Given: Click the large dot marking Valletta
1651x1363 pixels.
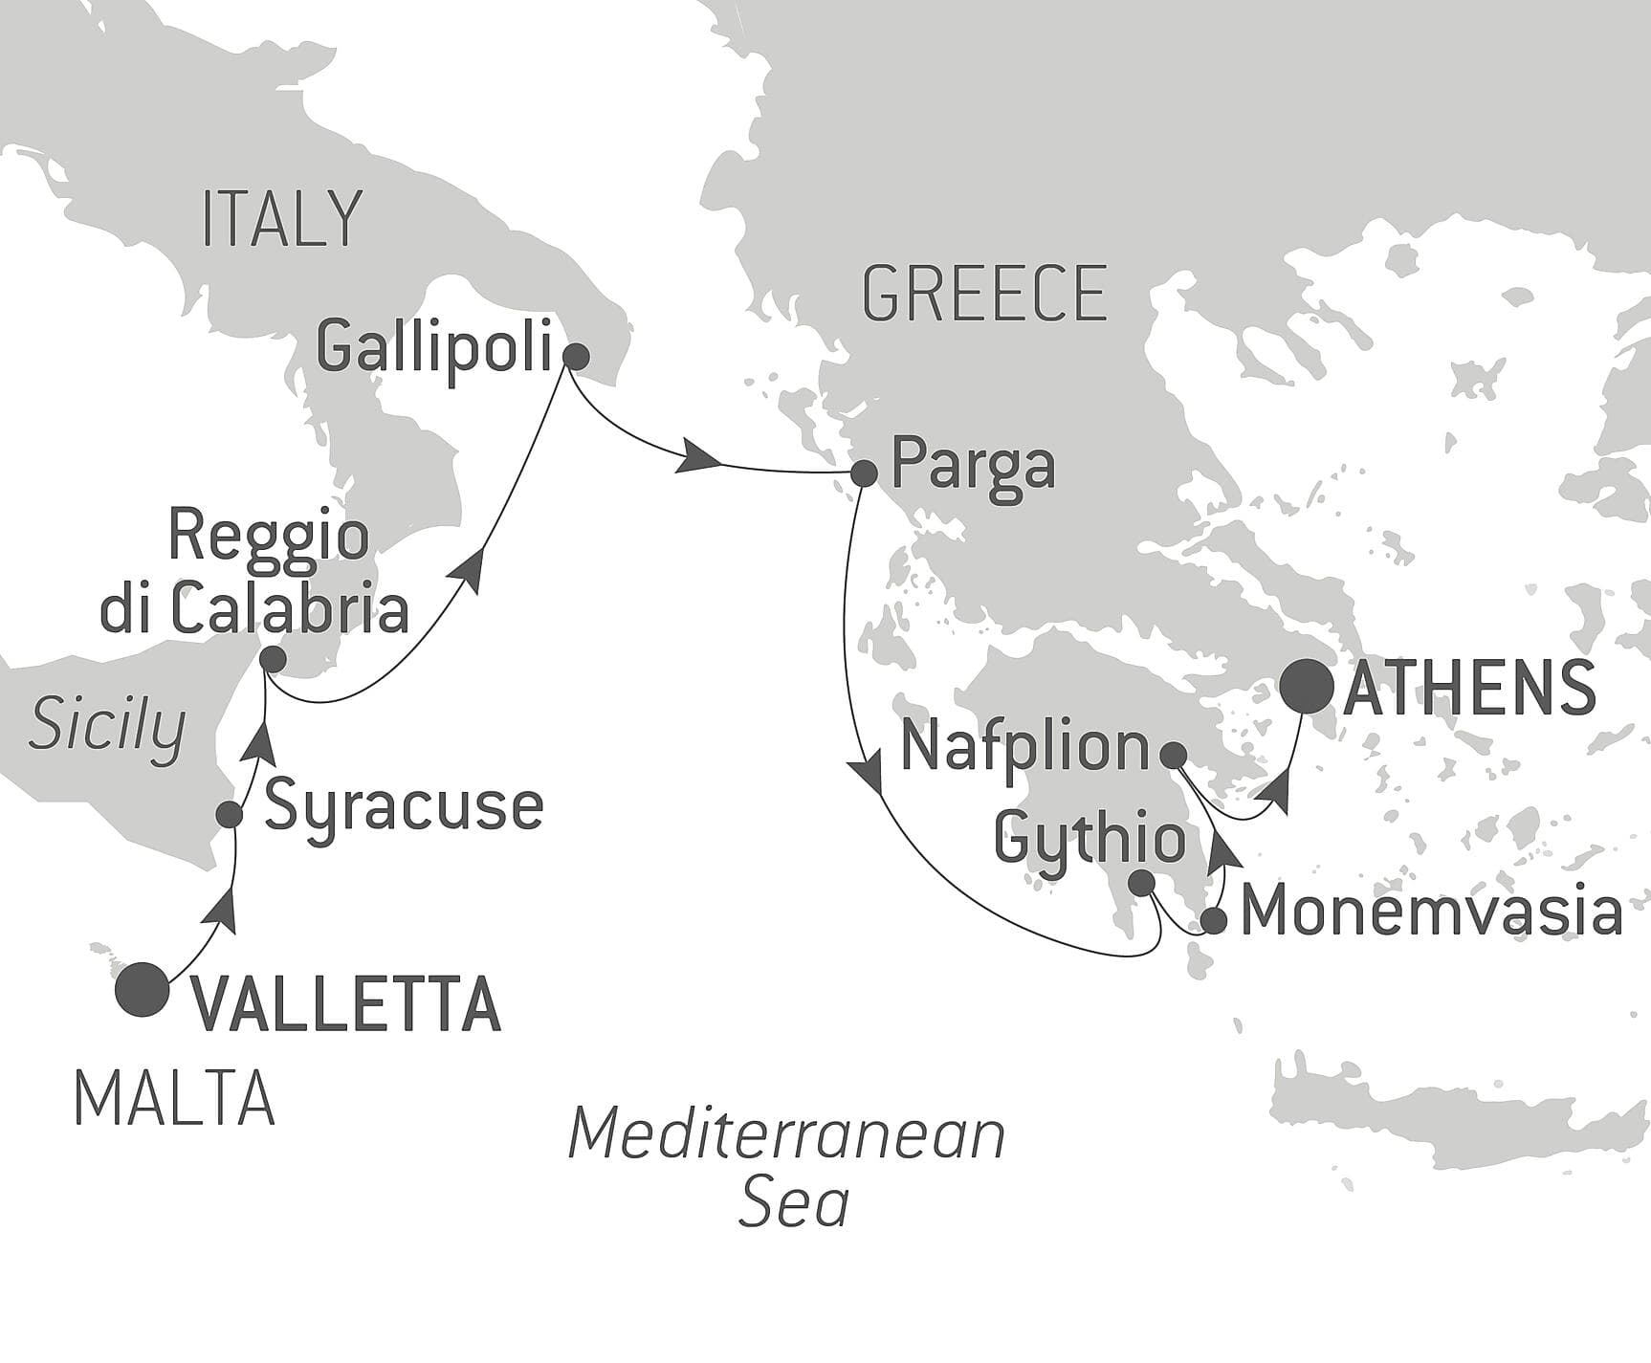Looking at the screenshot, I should (142, 989).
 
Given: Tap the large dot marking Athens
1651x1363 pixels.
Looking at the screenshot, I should (1308, 687).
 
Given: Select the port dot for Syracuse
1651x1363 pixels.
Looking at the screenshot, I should (230, 814).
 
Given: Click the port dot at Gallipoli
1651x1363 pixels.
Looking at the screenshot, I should (575, 357).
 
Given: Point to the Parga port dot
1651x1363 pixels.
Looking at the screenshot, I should (863, 473).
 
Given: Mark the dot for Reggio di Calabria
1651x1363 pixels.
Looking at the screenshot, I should (273, 659).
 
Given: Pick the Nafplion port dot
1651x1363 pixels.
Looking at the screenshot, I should (1173, 755).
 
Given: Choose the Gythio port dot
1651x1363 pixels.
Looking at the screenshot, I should (1142, 883).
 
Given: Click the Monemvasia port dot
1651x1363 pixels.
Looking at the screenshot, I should (1213, 921).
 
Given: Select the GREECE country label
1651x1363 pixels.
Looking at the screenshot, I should (984, 294).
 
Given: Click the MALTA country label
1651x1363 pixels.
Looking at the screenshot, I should (174, 1100).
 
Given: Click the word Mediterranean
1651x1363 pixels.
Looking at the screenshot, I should (786, 1134).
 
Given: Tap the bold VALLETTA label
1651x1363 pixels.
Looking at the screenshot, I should (347, 1004).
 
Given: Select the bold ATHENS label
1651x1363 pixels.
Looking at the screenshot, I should (1469, 689).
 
